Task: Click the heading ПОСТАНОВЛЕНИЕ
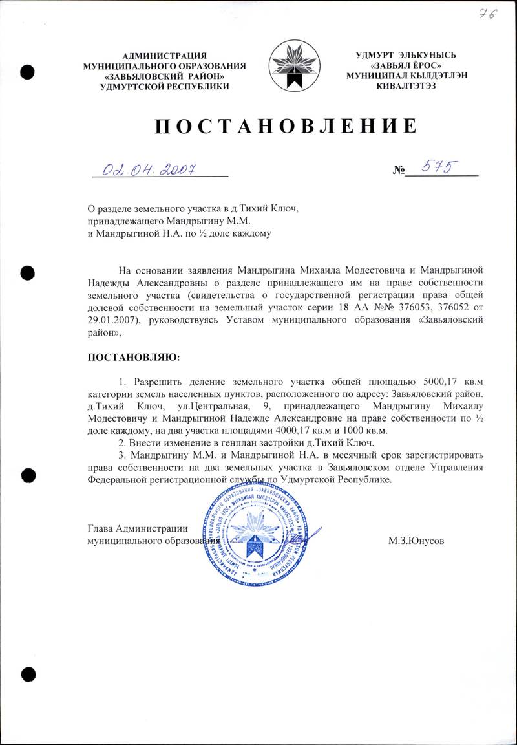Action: [x=284, y=126]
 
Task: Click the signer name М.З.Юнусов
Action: [x=416, y=539]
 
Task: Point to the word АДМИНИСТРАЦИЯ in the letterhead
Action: [x=164, y=56]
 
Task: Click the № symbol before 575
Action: [x=398, y=171]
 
